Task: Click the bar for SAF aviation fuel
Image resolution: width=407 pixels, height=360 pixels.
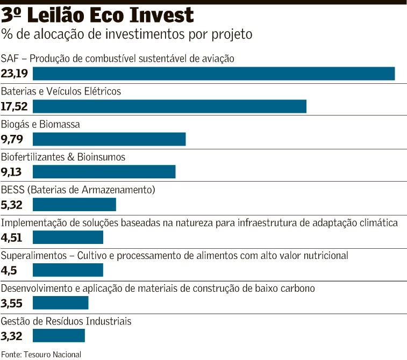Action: point(214,74)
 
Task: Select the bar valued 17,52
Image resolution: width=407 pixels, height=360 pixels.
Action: point(169,106)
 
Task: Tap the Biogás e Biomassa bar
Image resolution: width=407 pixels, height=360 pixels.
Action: point(109,139)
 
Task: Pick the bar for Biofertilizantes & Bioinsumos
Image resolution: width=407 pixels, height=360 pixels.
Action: point(104,172)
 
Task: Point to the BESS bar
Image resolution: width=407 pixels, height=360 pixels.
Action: point(74,205)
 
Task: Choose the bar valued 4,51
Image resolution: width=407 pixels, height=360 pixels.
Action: point(68,237)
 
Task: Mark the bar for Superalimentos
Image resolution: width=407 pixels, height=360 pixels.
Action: point(68,270)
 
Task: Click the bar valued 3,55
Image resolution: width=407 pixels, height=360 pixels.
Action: point(60,303)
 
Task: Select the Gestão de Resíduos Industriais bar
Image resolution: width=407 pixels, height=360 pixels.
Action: point(59,336)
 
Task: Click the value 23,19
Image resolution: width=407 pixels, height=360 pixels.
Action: point(15,74)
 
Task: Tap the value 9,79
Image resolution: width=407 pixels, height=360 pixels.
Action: point(12,139)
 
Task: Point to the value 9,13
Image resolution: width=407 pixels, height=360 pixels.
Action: point(12,172)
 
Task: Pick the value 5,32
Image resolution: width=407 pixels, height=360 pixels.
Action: point(12,205)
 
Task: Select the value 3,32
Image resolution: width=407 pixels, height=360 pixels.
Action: point(12,336)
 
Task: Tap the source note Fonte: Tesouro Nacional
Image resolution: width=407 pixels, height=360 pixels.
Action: point(41,354)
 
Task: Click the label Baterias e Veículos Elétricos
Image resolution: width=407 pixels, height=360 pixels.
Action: point(61,91)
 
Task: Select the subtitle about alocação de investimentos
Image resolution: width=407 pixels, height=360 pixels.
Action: point(126,34)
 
